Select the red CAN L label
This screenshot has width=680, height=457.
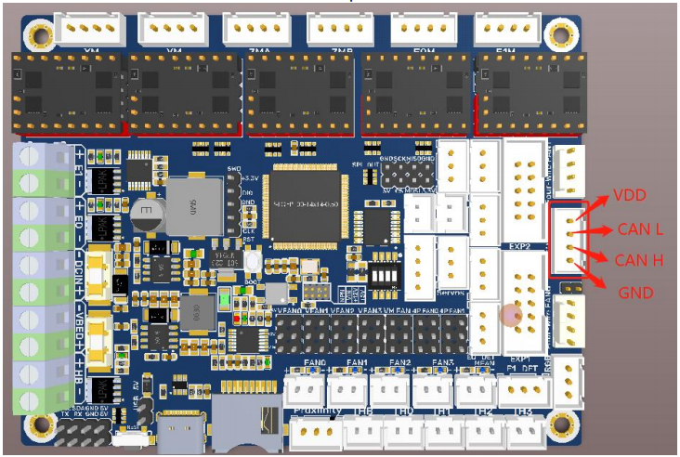638,228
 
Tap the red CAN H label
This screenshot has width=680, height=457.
638,260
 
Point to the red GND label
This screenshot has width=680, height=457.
636,293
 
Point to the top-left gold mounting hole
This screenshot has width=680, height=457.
40,35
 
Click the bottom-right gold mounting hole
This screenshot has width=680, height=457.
562,426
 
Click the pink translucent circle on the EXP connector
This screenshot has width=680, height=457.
511,315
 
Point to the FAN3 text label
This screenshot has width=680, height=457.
442,362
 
